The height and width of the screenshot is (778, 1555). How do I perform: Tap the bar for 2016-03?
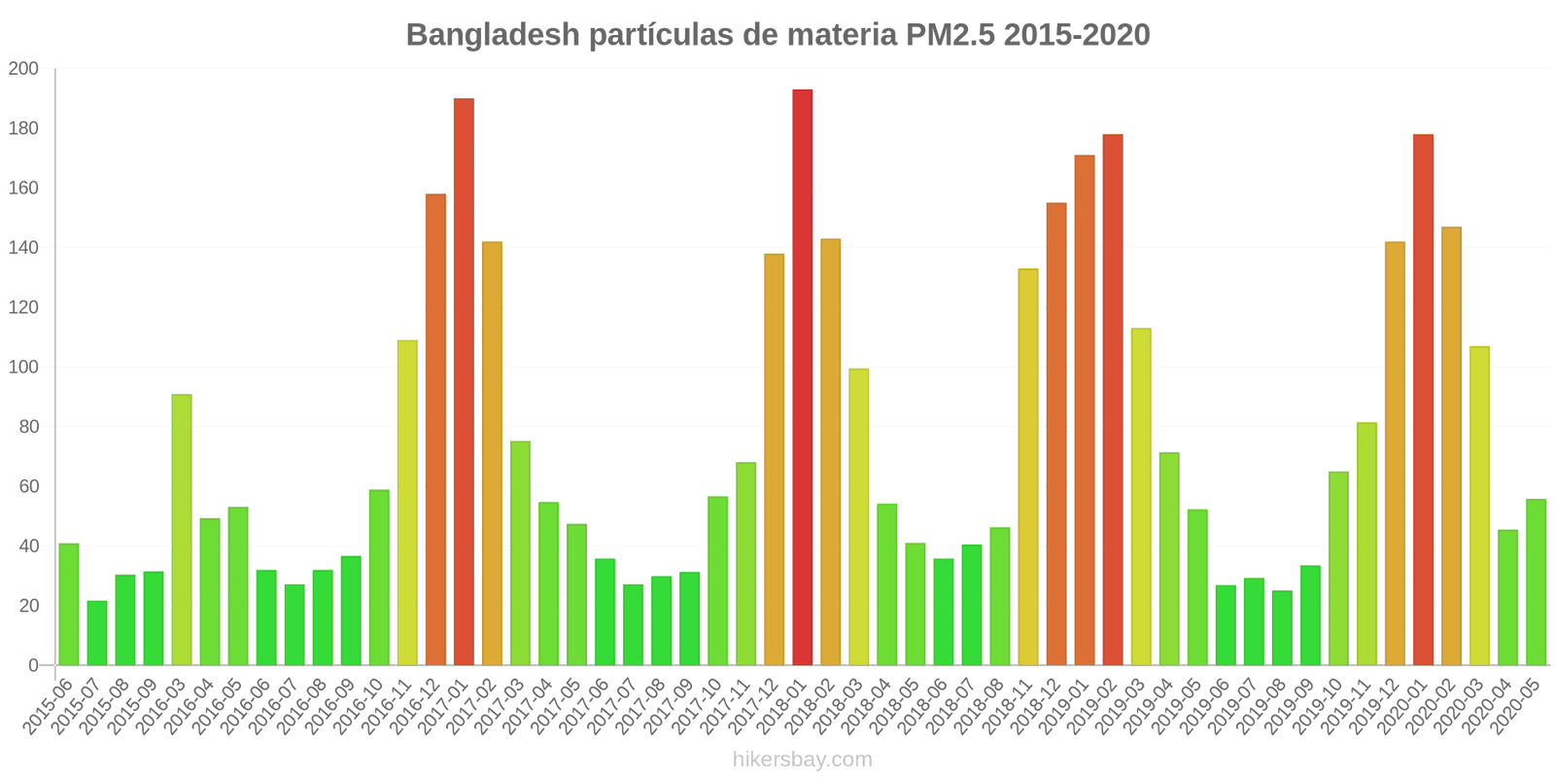182,530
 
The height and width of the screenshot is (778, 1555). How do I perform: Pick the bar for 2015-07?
97,633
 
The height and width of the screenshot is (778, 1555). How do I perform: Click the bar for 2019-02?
1113,400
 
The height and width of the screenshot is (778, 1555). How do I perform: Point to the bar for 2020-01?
1423,400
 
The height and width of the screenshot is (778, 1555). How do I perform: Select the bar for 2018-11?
1028,467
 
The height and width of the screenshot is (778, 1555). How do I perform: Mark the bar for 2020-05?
1536,583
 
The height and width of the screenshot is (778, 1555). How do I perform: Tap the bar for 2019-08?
1282,628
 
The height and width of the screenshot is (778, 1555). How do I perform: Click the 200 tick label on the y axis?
23,69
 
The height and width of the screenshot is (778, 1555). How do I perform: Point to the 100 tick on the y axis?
23,368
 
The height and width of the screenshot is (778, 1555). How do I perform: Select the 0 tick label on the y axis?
33,665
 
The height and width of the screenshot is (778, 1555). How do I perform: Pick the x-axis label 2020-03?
1461,706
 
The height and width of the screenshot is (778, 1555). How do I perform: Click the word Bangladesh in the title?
481,35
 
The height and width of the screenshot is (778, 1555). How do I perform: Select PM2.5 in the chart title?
950,35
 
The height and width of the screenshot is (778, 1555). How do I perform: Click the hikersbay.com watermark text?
803,760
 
